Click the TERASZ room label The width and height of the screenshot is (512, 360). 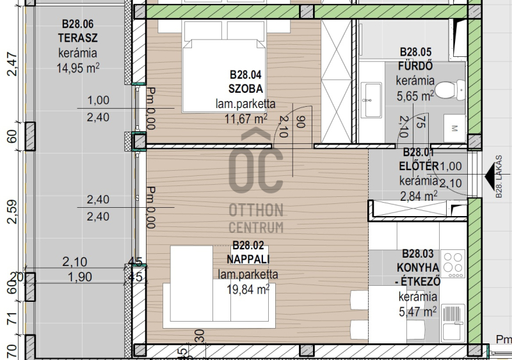pos(77,38)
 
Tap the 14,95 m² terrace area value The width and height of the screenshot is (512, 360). pos(77,68)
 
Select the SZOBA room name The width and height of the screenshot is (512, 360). pos(246,88)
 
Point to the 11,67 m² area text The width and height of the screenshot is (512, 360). pos(246,118)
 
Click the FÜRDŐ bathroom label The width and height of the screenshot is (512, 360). pos(415,66)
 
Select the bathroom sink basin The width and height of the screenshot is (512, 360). pos(372,100)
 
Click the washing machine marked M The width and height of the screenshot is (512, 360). pos(454,128)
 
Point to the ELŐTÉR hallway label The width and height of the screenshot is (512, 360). pos(419,165)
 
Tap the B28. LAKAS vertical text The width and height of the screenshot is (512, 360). pos(499,176)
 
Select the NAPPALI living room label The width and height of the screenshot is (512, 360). pos(248,259)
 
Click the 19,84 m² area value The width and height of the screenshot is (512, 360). pos(248,289)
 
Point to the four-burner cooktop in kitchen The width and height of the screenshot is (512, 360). pos(452,263)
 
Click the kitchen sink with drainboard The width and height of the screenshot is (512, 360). pos(452,323)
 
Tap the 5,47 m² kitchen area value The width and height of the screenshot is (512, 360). pos(418,311)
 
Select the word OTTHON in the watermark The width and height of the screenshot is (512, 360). pos(256,210)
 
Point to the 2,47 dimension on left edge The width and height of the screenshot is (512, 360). pos(12,64)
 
